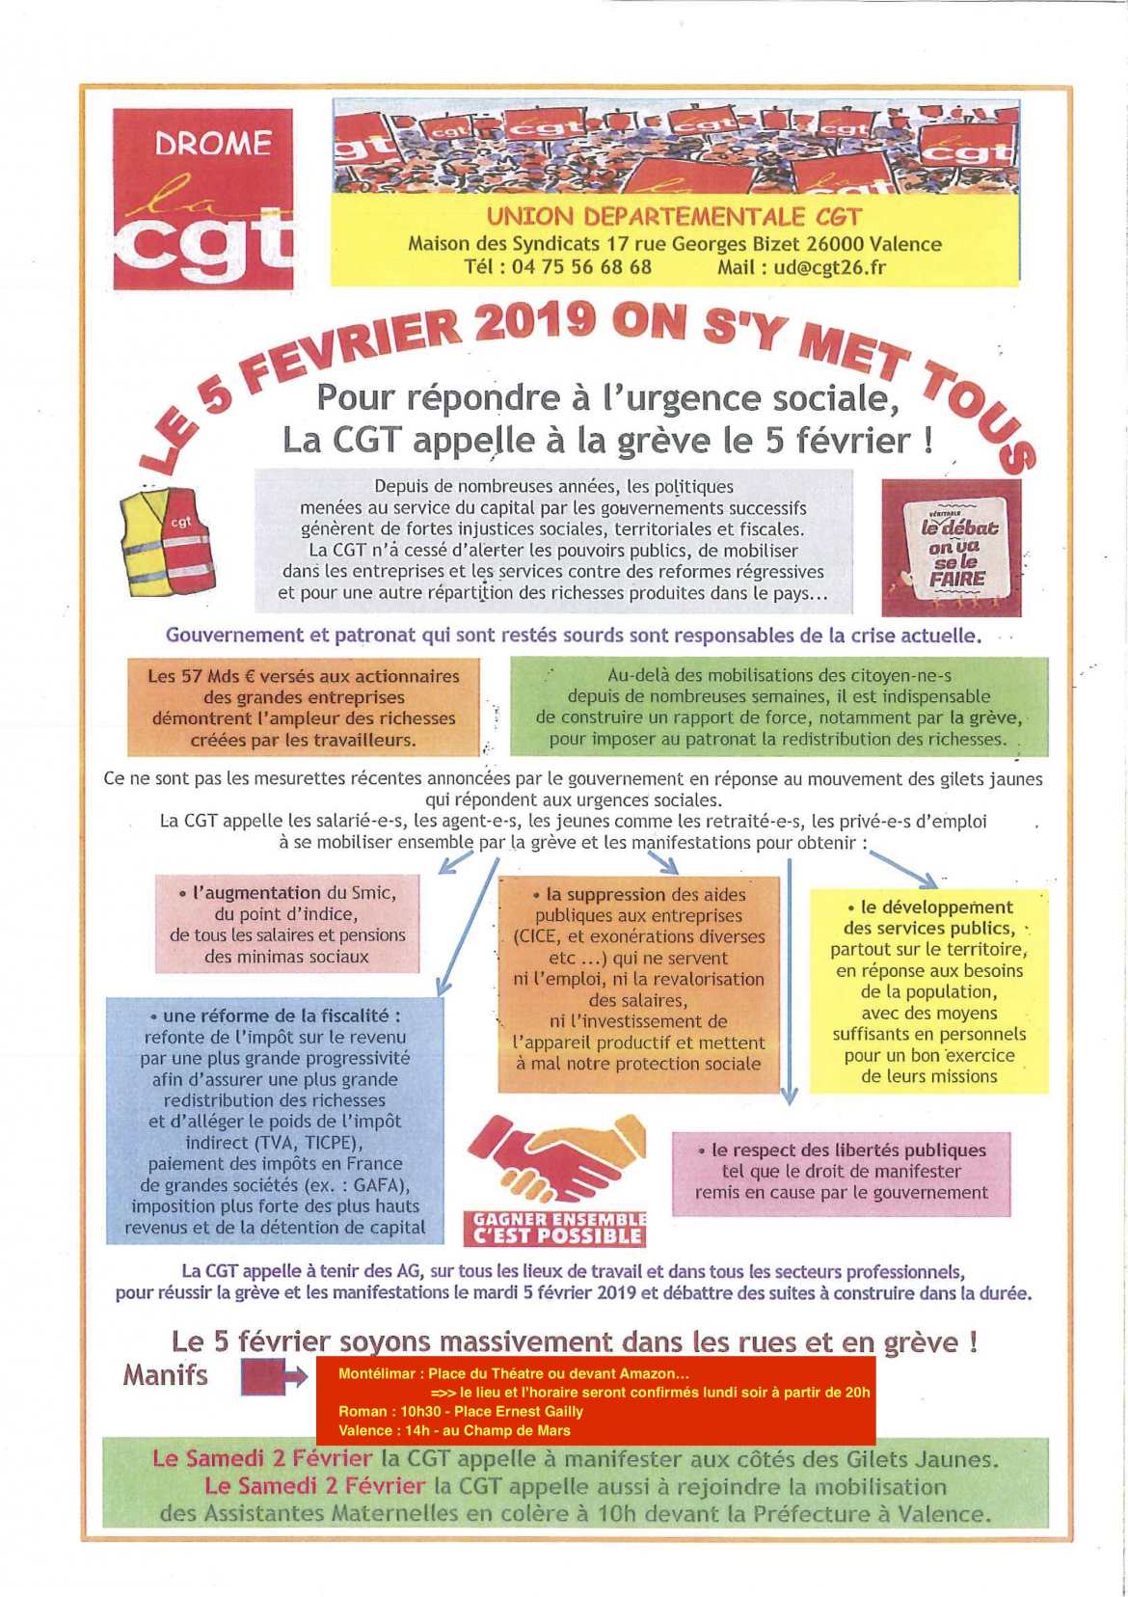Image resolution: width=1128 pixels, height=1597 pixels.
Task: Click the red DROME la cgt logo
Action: coord(202,199)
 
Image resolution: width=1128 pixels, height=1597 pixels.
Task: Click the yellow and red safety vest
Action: coord(167,540)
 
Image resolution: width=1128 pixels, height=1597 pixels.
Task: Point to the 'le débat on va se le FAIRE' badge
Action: coord(951,547)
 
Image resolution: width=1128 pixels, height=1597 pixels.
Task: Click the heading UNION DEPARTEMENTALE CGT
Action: coord(673,217)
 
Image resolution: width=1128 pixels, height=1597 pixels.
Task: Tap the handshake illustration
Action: coord(556,1157)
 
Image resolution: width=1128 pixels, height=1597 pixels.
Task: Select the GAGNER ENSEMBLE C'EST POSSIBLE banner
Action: coord(558,1229)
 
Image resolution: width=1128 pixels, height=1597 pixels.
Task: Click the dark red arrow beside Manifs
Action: coord(274,1376)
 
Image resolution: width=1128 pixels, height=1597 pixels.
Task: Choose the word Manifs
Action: coord(165,1374)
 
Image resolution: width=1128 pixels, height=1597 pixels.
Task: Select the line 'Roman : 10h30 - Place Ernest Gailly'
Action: coord(461,1411)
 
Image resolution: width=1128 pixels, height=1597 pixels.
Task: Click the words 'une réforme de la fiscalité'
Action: coord(278,1015)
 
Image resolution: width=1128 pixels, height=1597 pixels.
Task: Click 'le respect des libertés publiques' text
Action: coord(847,1150)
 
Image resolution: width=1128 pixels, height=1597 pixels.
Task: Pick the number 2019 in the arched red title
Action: coord(534,322)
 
